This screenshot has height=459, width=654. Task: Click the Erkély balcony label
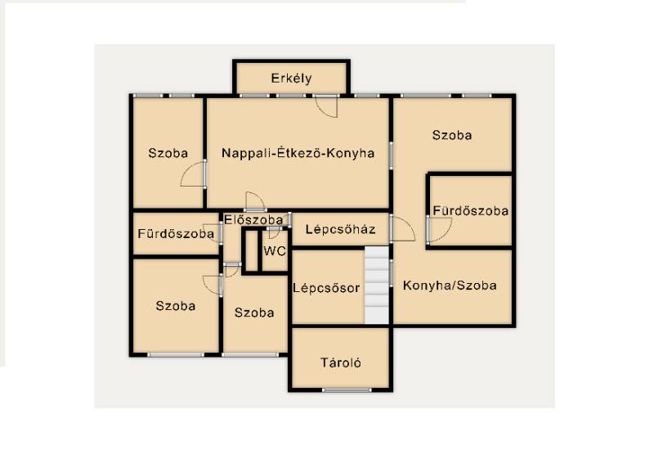tap(291, 79)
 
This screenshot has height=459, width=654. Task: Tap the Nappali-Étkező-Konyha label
tap(298, 153)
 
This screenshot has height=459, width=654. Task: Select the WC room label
tap(275, 251)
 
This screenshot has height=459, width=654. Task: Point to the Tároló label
tap(340, 362)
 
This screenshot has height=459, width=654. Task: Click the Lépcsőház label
tap(340, 229)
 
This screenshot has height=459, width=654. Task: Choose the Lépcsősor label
tap(326, 288)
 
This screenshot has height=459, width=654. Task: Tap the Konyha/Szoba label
tap(450, 286)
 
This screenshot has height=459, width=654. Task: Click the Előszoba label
tap(253, 220)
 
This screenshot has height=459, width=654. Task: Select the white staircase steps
tap(377, 285)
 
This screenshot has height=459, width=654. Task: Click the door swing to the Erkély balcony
tap(325, 106)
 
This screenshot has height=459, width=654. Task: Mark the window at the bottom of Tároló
tap(347, 390)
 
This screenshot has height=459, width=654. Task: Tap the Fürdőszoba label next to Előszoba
tap(176, 234)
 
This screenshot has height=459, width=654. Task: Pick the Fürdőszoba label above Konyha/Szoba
tap(471, 211)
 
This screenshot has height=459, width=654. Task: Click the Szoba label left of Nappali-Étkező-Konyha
tap(168, 153)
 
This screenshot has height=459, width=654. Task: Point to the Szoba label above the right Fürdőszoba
tap(452, 135)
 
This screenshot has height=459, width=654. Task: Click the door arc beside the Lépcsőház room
tap(403, 229)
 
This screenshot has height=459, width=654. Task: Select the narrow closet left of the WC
tap(252, 251)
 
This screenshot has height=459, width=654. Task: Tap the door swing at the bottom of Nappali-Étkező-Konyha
tap(255, 200)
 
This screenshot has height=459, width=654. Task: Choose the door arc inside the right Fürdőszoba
tap(440, 229)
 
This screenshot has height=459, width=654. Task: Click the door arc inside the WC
tap(275, 233)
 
